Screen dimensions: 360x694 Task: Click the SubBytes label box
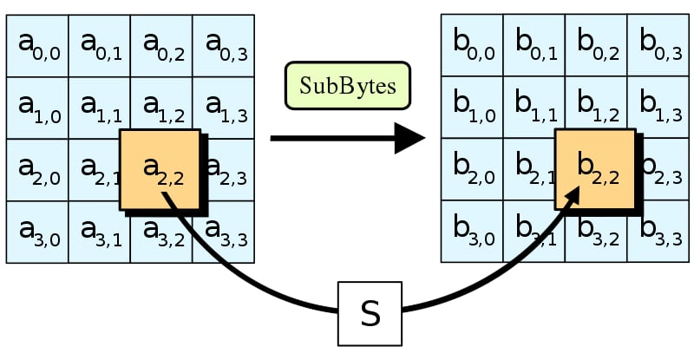347,85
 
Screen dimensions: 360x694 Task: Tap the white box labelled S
370,313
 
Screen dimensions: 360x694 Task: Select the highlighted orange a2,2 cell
160,170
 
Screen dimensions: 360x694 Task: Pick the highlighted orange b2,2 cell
594,170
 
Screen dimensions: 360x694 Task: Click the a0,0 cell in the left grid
36,45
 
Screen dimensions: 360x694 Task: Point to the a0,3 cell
224,45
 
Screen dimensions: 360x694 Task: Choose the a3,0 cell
36,232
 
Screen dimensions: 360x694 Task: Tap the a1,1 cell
99,108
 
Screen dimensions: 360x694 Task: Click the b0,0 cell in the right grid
472,45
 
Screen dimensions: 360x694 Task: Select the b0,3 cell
658,45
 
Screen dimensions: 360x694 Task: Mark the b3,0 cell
472,232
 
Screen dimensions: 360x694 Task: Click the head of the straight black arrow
409,138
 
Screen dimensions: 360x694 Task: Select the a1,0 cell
36,108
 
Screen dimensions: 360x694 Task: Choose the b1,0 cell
472,108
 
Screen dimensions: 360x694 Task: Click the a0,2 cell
161,45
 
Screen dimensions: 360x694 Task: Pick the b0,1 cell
534,45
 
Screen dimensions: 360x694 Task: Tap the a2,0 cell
36,170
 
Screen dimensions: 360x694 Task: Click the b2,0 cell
472,170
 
